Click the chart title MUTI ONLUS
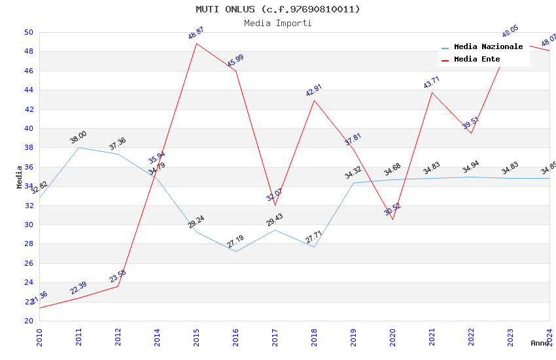coord(277,9)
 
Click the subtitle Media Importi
coord(277,23)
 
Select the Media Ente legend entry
coord(477,60)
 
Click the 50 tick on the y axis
coord(29,32)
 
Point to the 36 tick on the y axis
coord(29,167)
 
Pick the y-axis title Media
coord(20,177)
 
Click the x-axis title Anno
coord(540,343)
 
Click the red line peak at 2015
coord(196,43)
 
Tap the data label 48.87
coord(196,33)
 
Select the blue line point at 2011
coord(78,147)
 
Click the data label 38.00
coord(78,137)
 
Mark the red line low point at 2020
coord(392,219)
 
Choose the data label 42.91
coord(314,90)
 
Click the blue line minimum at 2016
coord(235,251)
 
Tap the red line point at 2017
coord(275,205)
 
